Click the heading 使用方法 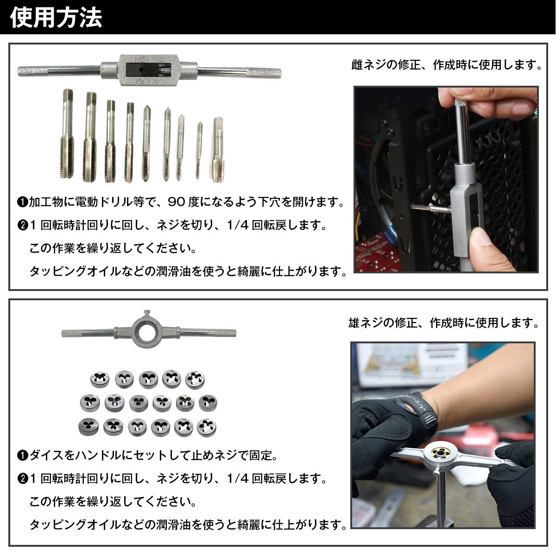(56, 18)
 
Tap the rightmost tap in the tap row (218, 150)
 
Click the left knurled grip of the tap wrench (32, 71)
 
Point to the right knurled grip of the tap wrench (264, 73)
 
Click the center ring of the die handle (146, 332)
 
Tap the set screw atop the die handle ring (147, 314)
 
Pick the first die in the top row (100, 379)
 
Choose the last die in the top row (195, 380)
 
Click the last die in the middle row (208, 403)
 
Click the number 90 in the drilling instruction (176, 202)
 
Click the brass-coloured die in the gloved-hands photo (440, 453)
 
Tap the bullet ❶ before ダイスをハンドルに (23, 455)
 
